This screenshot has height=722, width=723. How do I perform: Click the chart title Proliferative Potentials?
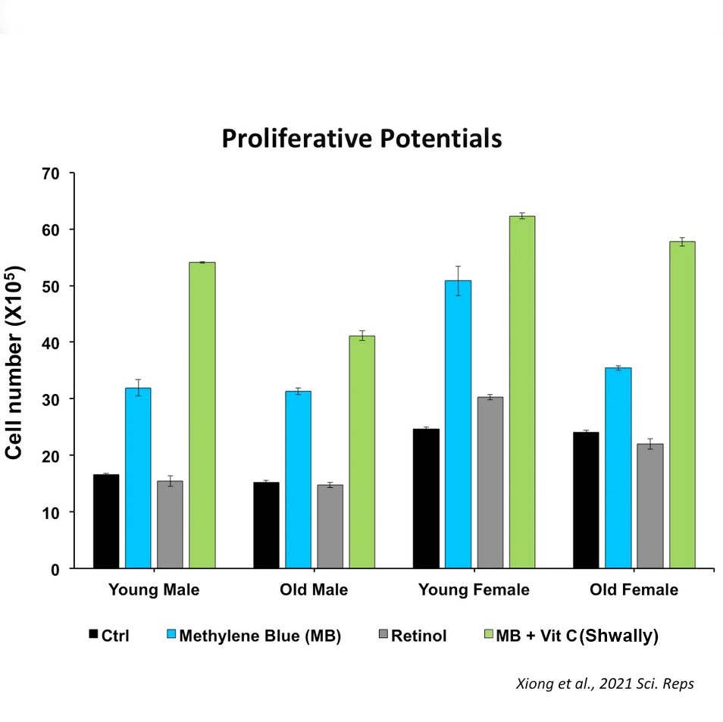361,139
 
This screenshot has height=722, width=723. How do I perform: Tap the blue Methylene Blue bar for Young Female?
459,424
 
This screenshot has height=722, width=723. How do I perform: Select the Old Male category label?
314,590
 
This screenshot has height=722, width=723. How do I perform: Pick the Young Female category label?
474,590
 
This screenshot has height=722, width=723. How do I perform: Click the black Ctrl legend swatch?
94,634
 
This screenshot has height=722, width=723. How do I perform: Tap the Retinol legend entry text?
419,636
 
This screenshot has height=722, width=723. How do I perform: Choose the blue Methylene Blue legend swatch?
171,634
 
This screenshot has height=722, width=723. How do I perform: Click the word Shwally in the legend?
618,636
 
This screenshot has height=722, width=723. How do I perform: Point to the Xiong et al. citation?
604,683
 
